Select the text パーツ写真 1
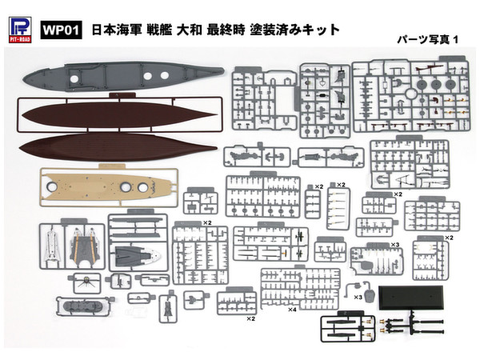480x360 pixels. [x=429, y=38]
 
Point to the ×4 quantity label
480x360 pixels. [x=293, y=309]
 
